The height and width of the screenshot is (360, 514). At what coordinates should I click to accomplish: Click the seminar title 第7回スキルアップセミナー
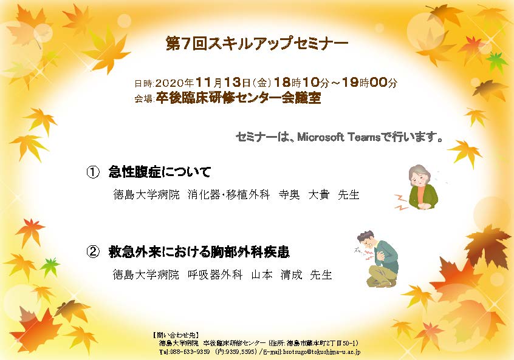click(x=256, y=44)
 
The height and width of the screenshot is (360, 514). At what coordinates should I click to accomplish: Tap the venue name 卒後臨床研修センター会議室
click(x=238, y=98)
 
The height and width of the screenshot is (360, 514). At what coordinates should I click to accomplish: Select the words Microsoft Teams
click(x=338, y=137)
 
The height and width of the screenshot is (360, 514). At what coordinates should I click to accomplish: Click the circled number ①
click(x=93, y=172)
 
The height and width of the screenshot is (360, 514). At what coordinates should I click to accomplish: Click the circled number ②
click(x=93, y=252)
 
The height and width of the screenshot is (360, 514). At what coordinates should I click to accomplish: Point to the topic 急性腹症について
click(x=160, y=172)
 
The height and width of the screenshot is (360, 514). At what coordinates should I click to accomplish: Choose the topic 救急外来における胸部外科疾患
click(x=199, y=252)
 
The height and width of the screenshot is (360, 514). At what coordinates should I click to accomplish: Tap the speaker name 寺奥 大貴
click(x=304, y=195)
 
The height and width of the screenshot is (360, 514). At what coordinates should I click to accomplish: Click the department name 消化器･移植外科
click(x=228, y=195)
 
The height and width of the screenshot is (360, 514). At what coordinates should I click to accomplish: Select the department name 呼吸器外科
click(x=215, y=274)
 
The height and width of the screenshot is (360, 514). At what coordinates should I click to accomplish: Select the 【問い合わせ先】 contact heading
click(x=176, y=335)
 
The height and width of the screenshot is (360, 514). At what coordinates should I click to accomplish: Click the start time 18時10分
click(x=301, y=83)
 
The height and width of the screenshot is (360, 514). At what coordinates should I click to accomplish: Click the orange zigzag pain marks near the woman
click(x=401, y=202)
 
